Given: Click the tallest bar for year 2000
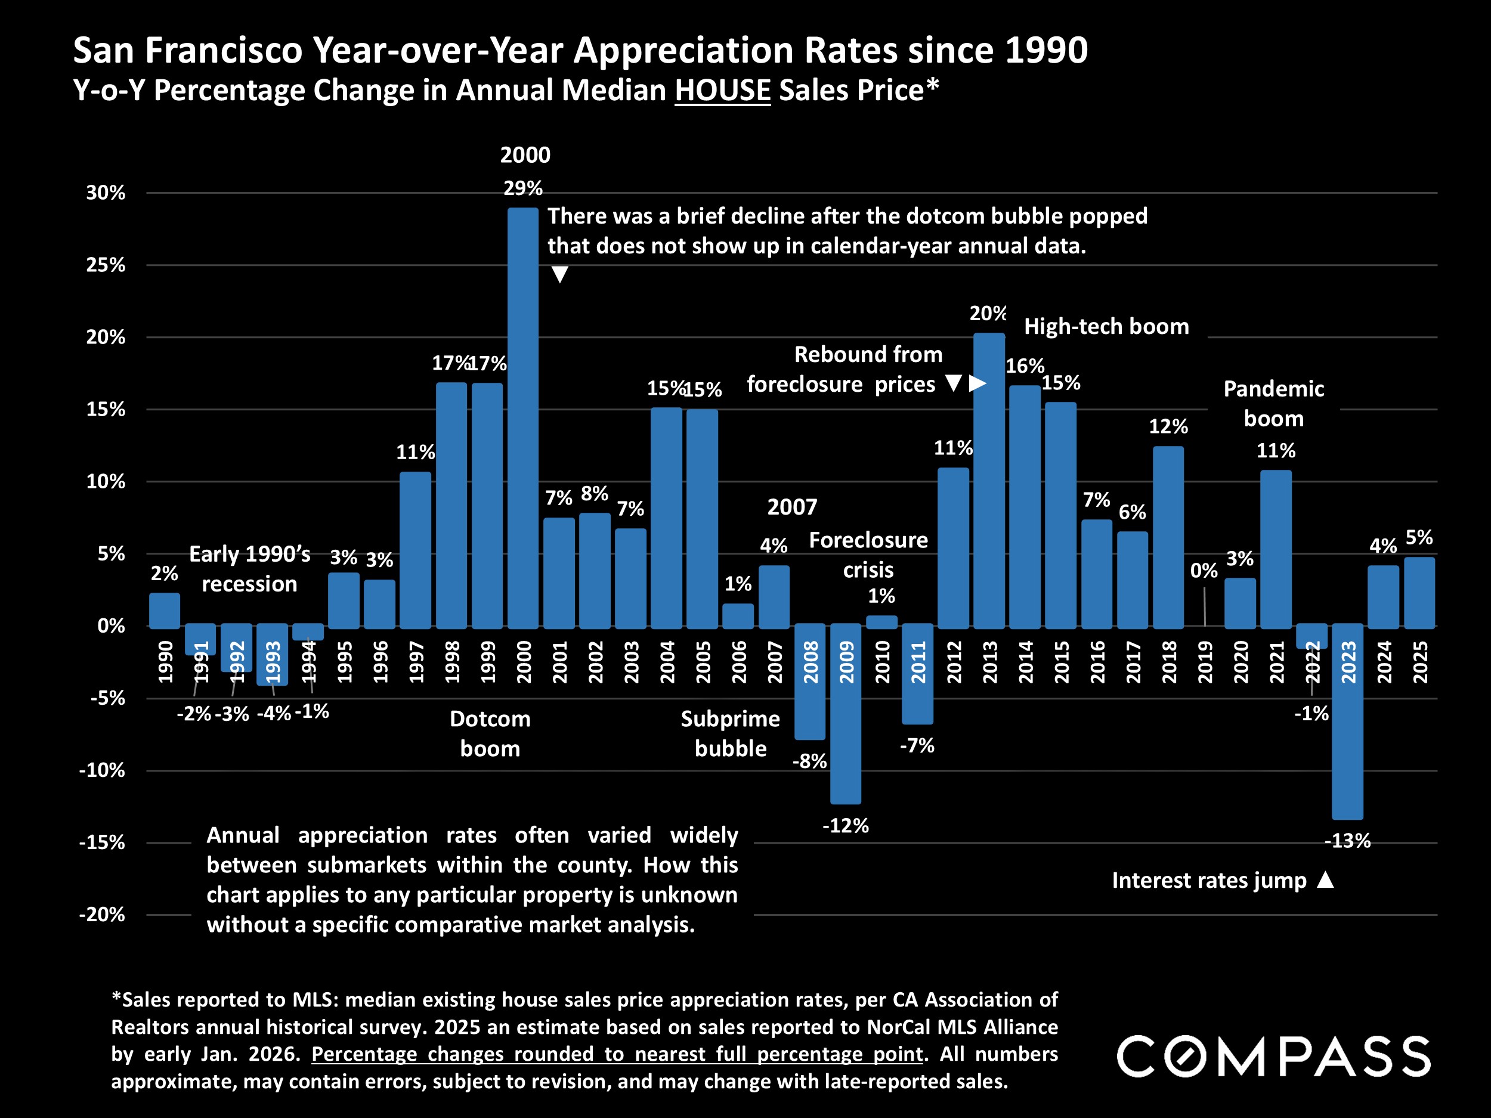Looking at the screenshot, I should (523, 418).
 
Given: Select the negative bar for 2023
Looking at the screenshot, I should (1347, 721).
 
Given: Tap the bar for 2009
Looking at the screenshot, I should (846, 714).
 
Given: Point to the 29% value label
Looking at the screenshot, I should (523, 188).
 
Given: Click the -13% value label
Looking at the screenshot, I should (1347, 841).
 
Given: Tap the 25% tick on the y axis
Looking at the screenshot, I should (106, 265).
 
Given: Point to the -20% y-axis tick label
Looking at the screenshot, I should (103, 915).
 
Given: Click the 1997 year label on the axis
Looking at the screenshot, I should (416, 662).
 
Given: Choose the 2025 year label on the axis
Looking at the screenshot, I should (1419, 662).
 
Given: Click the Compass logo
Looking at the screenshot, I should (1274, 1056).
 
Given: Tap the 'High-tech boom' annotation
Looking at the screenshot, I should (1106, 327).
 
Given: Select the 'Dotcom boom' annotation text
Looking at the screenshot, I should (490, 734).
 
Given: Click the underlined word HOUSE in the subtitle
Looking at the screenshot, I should (723, 90).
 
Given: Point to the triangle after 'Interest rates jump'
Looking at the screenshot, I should (1325, 879).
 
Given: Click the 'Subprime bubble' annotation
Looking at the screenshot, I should (730, 734).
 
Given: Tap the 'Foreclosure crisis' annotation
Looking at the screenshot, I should (868, 555).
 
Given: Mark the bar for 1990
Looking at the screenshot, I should (165, 610).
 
